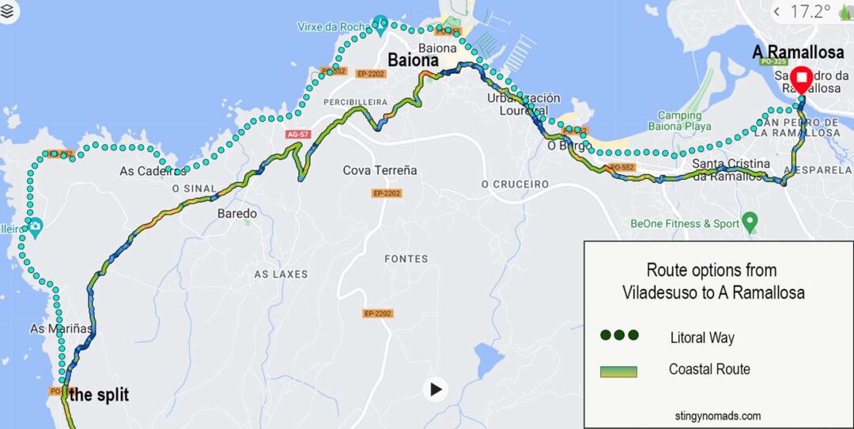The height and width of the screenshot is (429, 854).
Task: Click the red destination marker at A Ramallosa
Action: click(801, 79)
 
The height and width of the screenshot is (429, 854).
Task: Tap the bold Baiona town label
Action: click(413, 60)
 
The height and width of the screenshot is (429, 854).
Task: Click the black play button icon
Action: click(435, 389)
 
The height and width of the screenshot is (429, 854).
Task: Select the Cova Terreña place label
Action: click(380, 170)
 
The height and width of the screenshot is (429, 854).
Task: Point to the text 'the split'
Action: click(99, 395)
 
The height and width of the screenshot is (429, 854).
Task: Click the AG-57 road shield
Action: click(297, 135)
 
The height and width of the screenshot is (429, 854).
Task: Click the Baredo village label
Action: click(237, 214)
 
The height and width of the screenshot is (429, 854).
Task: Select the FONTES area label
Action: click(406, 259)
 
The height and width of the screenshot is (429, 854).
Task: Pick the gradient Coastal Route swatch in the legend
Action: click(618, 370)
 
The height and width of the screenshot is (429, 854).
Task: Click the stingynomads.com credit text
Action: click(718, 416)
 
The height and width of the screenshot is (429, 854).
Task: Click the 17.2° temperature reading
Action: click(810, 11)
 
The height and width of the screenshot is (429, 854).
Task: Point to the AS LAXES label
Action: click(281, 274)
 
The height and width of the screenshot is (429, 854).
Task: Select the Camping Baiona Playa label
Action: click(679, 121)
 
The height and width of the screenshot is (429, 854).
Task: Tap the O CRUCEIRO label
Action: click(515, 184)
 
